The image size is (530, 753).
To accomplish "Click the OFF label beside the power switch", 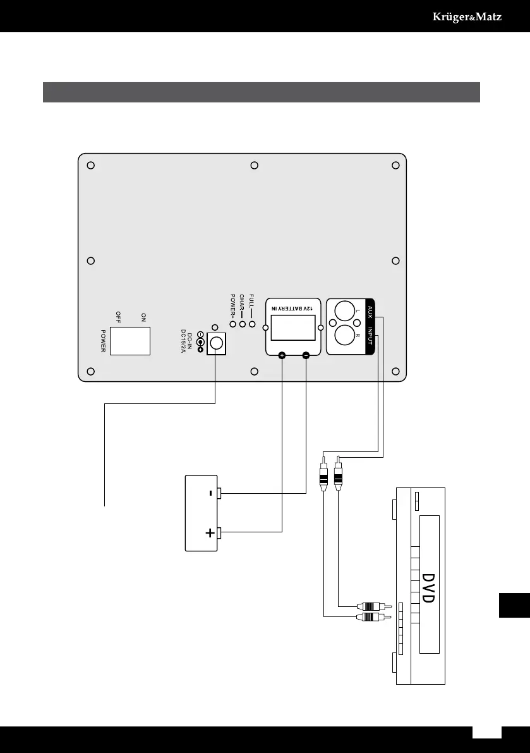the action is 117,317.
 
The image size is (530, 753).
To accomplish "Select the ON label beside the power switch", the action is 143,317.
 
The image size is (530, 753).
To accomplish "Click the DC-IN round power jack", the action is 217,343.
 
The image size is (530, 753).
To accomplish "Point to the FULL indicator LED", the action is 252,324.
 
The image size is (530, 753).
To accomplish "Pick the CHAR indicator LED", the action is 243,324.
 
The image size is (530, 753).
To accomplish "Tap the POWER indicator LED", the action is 233,324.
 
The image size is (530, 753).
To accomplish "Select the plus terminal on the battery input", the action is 282,357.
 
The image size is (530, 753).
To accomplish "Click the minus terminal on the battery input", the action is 306,357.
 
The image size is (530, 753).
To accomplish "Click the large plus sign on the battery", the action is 210,534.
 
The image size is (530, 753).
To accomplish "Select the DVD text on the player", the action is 428,588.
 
